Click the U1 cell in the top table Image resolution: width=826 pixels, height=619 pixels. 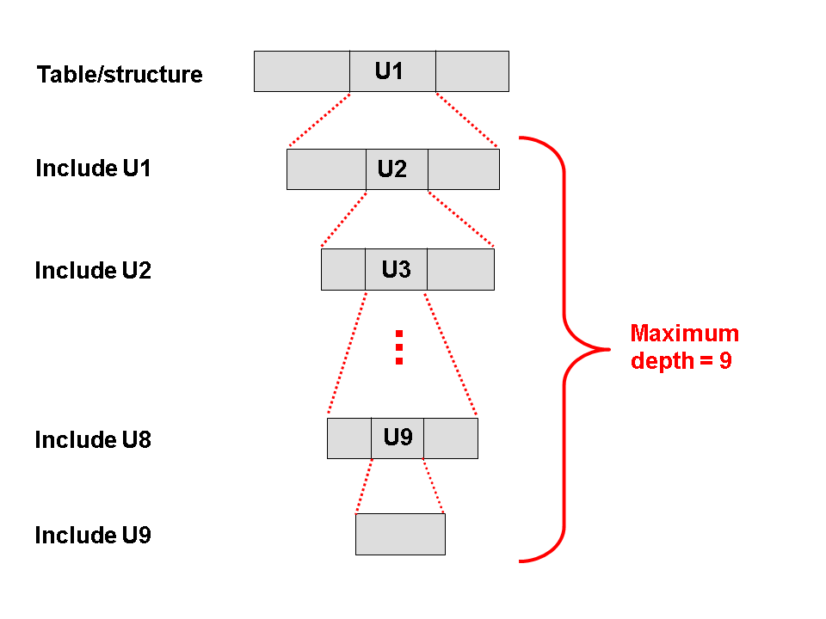pos(391,71)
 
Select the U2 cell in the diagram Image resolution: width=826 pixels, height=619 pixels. pos(396,169)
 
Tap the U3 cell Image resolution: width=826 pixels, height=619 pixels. pos(396,270)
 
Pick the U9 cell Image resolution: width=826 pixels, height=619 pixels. pos(398,438)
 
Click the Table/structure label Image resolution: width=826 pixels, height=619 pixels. pos(120,75)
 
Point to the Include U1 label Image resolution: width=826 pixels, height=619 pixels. pos(93,169)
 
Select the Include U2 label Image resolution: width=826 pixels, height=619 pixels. pos(93,271)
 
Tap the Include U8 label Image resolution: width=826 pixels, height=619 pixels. pos(93,440)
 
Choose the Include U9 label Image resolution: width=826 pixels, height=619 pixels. pos(93,536)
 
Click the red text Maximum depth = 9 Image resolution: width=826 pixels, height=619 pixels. pos(684,347)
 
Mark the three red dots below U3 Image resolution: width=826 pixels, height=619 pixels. pos(398,347)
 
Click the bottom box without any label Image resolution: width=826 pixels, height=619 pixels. pos(400,534)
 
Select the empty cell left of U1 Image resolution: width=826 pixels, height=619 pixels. pos(302,71)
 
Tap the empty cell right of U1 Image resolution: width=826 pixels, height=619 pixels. pos(472,71)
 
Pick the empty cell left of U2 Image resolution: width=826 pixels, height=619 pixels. pos(326,169)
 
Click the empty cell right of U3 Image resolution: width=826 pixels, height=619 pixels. pos(460,270)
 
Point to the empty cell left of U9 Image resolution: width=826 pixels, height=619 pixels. pos(349,438)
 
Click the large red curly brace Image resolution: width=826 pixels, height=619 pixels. pos(565,348)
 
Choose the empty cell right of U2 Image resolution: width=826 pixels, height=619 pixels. pos(463,169)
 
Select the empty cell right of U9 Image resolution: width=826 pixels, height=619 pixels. pos(451,438)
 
